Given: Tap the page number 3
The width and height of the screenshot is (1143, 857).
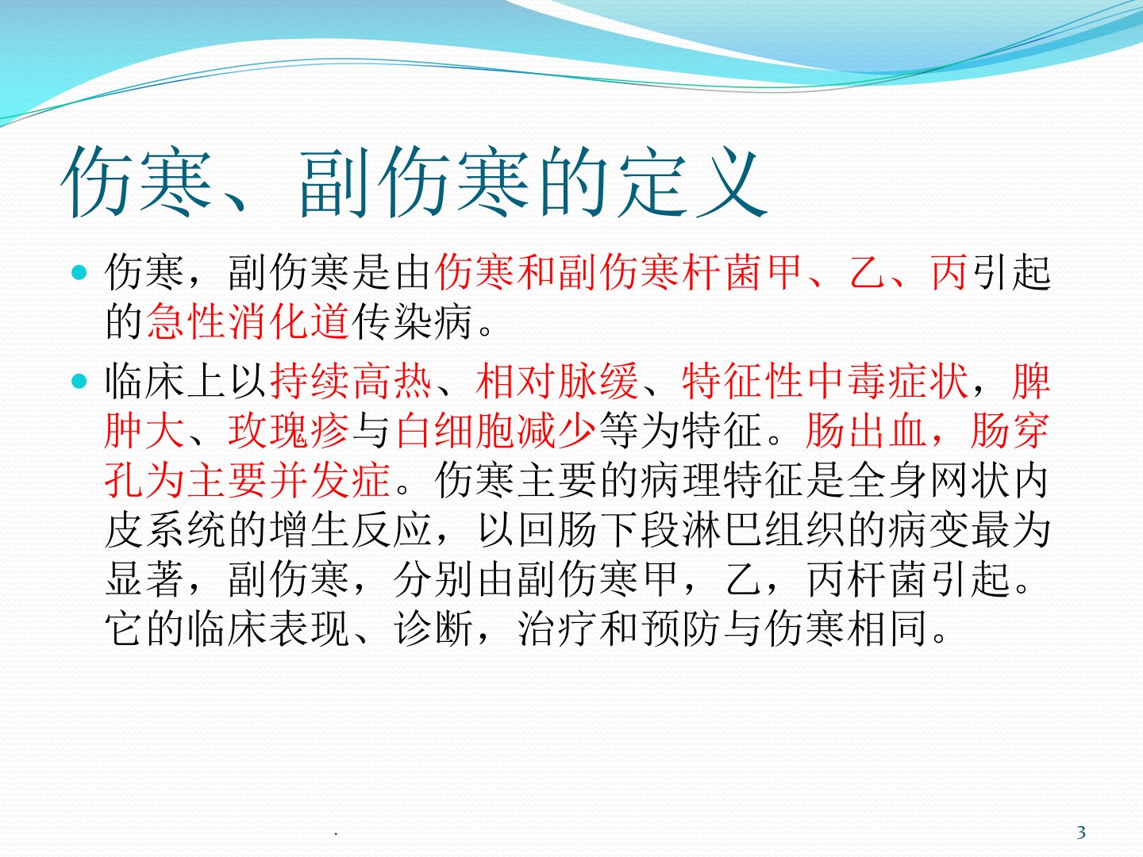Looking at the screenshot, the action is [x=1081, y=833].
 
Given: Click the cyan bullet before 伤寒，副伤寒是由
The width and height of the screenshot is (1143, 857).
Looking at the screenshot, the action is [x=79, y=272].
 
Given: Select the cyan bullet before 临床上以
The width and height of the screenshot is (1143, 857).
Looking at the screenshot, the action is [x=79, y=381].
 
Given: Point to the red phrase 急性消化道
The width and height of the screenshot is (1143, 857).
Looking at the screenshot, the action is [x=248, y=321].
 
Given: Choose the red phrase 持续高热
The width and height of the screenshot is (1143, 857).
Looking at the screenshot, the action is [x=351, y=381].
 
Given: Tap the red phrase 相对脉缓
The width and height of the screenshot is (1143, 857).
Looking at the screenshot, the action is [x=556, y=381].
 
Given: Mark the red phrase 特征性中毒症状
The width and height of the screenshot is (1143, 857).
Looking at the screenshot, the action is [x=825, y=381].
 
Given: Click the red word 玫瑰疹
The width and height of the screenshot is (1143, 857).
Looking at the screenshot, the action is [x=289, y=431].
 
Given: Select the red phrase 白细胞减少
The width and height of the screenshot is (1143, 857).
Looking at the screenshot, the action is [x=495, y=431].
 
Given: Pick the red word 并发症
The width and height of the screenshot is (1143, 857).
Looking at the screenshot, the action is [x=330, y=480].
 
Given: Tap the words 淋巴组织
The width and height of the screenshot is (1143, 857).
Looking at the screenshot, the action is [x=763, y=530].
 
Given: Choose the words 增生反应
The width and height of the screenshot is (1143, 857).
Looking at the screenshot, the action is [x=351, y=530].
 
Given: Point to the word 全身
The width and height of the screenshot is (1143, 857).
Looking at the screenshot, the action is [x=886, y=480].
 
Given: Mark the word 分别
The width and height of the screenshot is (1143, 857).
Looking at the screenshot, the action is [x=433, y=579].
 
